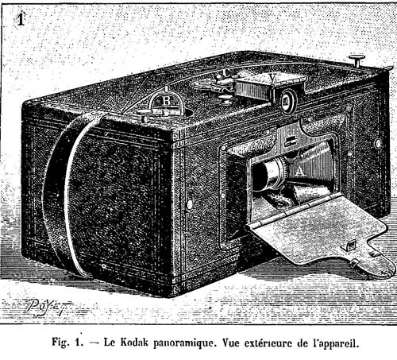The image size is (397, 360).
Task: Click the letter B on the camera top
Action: pos(166,101)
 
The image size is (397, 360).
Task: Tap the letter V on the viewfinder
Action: pos(273,78)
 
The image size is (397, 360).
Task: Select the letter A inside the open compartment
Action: pos(299,172)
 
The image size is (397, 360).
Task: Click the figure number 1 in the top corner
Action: pos(21,19)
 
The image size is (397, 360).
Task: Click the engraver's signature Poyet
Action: pos(48,308)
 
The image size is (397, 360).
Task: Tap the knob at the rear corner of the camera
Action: pos(357,60)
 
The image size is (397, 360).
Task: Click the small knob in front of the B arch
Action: pos(145,116)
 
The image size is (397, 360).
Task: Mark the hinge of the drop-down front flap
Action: pos(292,211)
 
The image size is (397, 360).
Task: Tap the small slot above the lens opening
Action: pos(291,141)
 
